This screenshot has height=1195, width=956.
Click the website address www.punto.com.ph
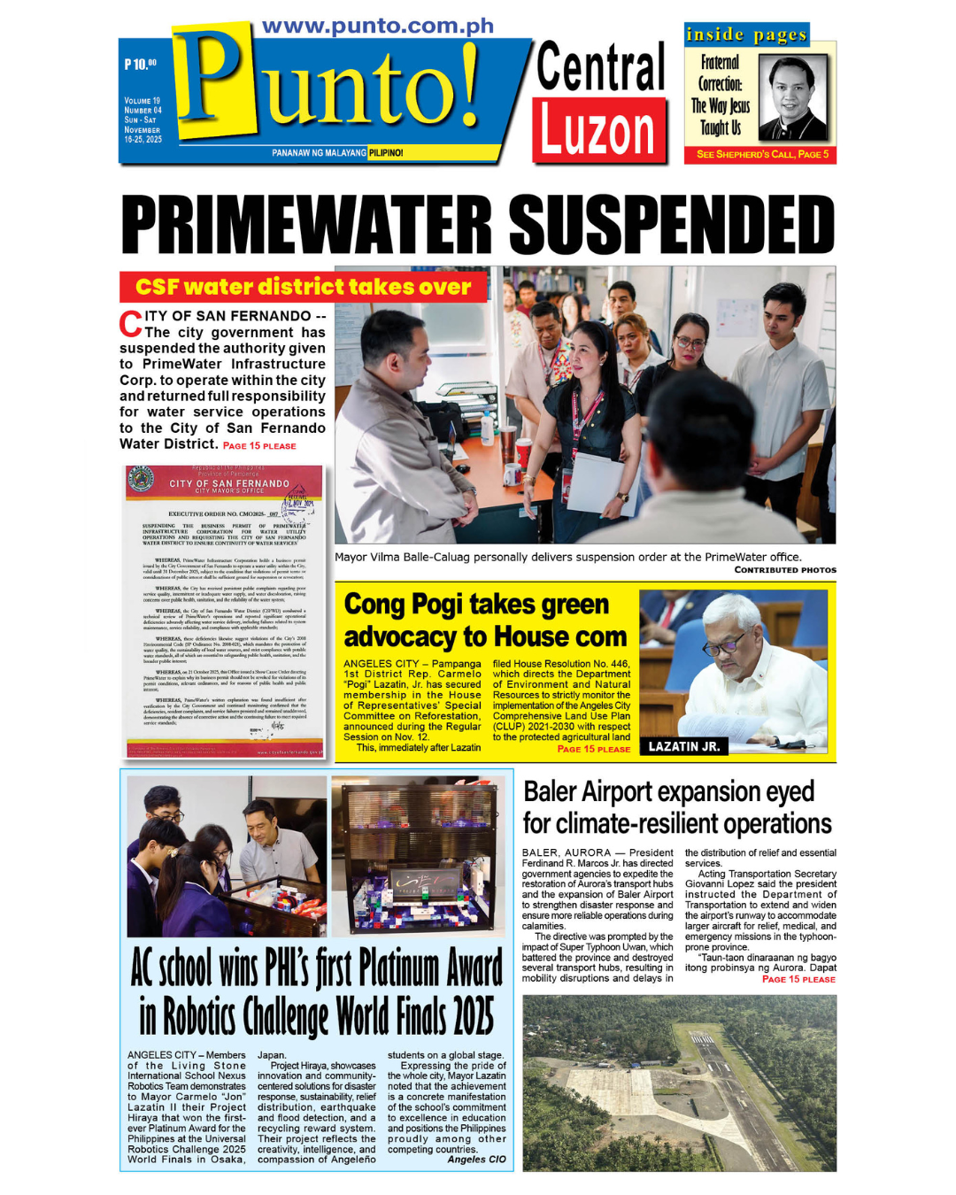click(x=378, y=27)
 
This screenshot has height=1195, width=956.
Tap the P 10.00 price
click(x=140, y=65)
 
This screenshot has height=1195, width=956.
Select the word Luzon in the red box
click(x=598, y=131)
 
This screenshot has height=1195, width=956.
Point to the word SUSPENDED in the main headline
click(x=672, y=225)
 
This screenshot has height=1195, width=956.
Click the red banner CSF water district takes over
click(x=303, y=287)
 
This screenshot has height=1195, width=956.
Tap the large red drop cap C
click(x=131, y=324)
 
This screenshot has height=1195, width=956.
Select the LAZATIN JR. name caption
click(x=683, y=746)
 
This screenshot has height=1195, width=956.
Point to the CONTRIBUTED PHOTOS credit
click(x=785, y=570)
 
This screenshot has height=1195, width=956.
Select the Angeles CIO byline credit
click(x=476, y=1159)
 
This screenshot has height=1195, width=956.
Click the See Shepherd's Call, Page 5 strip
click(x=762, y=154)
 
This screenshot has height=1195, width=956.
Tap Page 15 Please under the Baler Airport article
click(x=798, y=979)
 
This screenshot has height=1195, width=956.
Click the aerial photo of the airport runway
click(x=679, y=1083)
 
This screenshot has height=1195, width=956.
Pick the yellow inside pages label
click(x=746, y=35)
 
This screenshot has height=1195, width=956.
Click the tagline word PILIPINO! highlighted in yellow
click(x=386, y=153)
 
